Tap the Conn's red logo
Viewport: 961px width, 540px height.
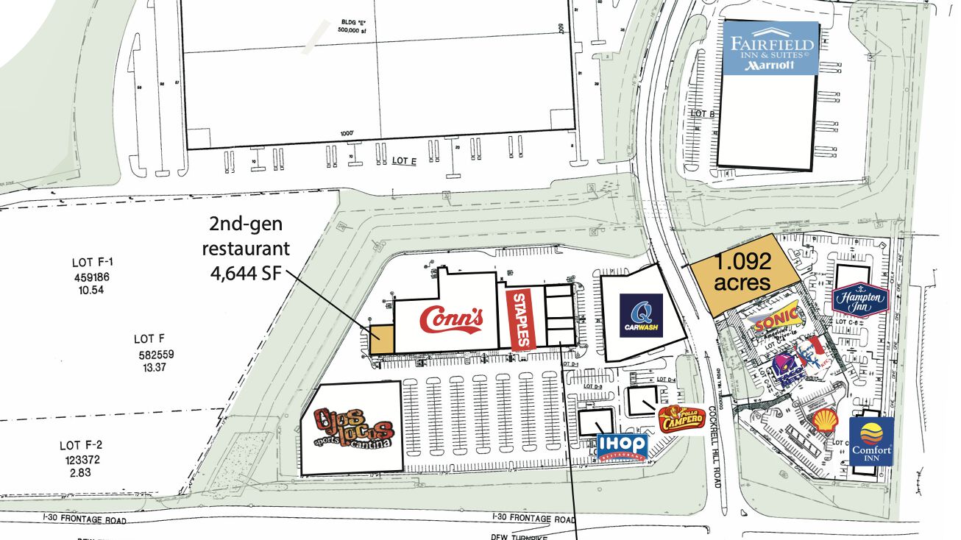[x=451, y=318]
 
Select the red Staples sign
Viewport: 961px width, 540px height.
[x=519, y=319]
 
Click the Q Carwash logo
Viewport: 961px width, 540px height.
[x=640, y=316]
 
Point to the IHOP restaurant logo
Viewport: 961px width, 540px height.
[x=622, y=446]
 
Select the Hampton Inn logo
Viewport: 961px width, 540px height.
[x=860, y=300]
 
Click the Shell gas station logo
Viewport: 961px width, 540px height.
[x=823, y=422]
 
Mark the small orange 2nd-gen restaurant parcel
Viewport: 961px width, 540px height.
[x=381, y=339]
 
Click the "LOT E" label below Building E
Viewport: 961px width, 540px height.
[x=403, y=161]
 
